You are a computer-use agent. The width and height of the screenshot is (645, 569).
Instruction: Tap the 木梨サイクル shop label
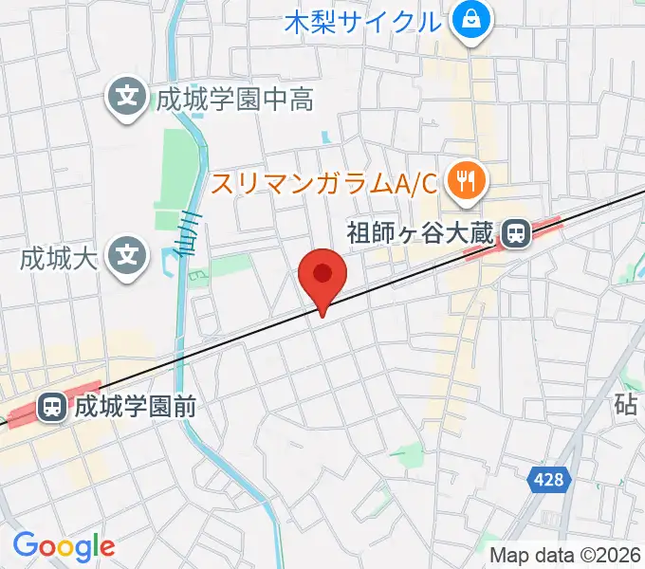[x=363, y=20]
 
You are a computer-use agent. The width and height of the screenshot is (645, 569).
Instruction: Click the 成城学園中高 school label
[x=235, y=99]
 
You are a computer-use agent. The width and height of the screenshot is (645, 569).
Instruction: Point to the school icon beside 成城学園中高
[x=125, y=97]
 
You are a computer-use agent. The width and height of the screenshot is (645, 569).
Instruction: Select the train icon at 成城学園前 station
[x=51, y=408]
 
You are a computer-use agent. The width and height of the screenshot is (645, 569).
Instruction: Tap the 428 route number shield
[x=547, y=480]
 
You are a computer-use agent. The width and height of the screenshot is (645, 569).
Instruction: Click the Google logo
[x=64, y=546]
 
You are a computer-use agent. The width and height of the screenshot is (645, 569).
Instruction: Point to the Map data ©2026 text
[x=566, y=555]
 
